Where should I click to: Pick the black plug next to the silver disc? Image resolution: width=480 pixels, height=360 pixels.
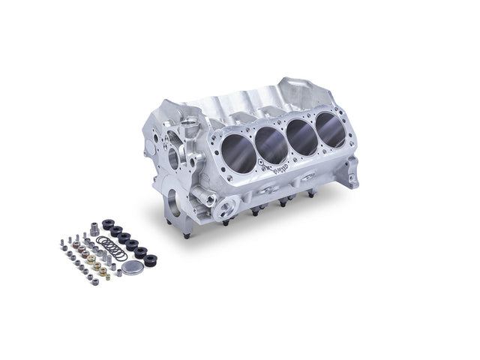coord(151,260)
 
